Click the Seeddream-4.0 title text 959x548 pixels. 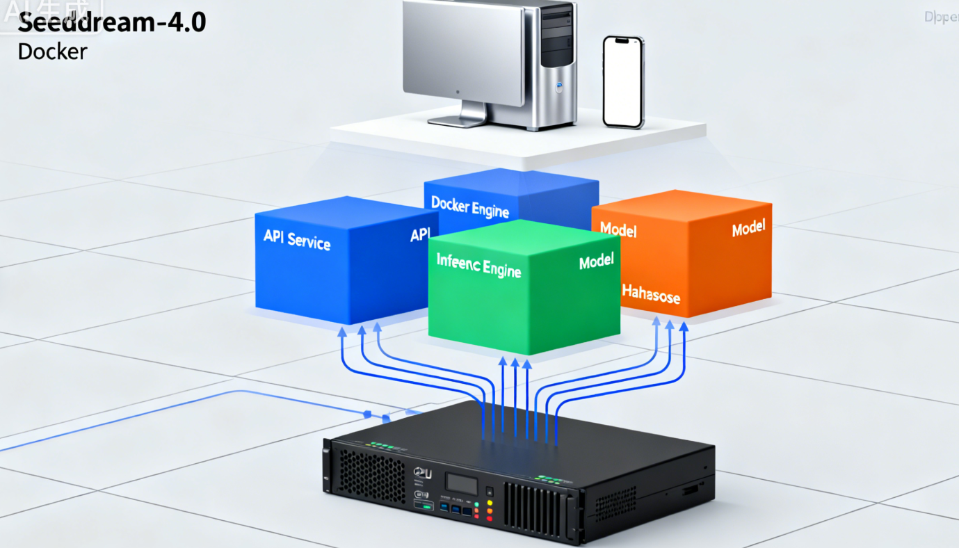pyautogui.click(x=111, y=22)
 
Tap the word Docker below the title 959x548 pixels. pyautogui.click(x=53, y=51)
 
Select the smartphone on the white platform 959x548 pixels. pyautogui.click(x=623, y=81)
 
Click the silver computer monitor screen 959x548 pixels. pyautogui.click(x=463, y=53)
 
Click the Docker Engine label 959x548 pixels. pyautogui.click(x=470, y=207)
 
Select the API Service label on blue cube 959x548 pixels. pyautogui.click(x=297, y=239)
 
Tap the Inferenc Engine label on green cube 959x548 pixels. pyautogui.click(x=478, y=265)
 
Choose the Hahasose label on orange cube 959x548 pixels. pyautogui.click(x=651, y=293)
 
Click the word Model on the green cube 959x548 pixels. pyautogui.click(x=597, y=261)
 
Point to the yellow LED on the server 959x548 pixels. pyautogui.click(x=490, y=503)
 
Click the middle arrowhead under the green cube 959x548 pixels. pyautogui.click(x=515, y=363)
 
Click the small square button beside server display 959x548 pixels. pyautogui.click(x=489, y=490)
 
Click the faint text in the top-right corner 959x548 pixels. pyautogui.click(x=941, y=18)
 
